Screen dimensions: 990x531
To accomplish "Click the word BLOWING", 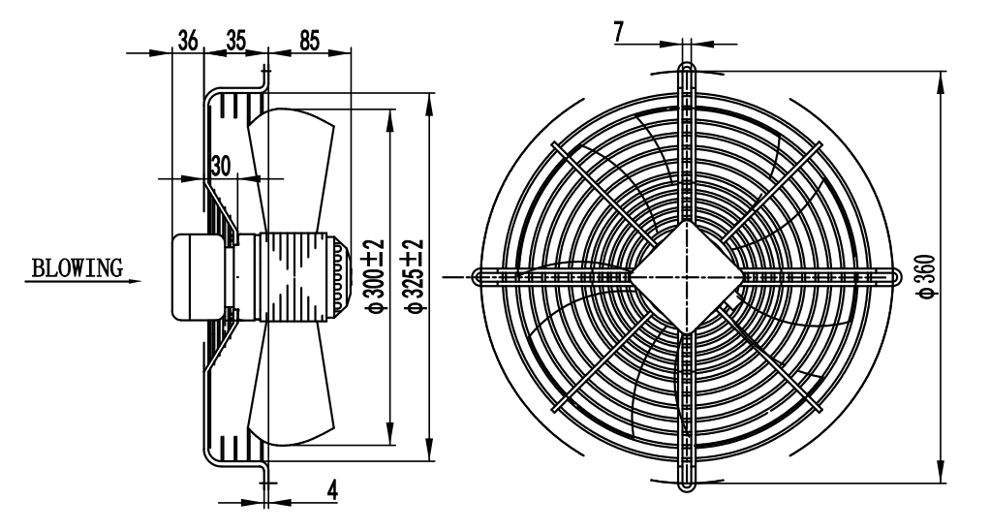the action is pyautogui.click(x=77, y=268).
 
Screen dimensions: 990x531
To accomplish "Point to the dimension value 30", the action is pyautogui.click(x=221, y=165).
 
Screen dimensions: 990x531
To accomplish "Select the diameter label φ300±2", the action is pyautogui.click(x=373, y=276).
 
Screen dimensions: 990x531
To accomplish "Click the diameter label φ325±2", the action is pyautogui.click(x=414, y=276).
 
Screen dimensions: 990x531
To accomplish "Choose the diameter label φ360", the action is pyautogui.click(x=929, y=276).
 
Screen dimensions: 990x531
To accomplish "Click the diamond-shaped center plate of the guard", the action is pyautogui.click(x=687, y=276).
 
